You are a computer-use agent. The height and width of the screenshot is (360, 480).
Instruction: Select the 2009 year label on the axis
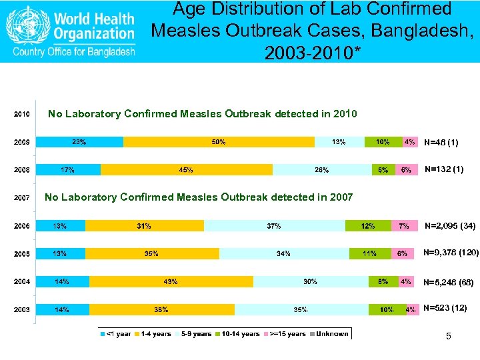point(22,142)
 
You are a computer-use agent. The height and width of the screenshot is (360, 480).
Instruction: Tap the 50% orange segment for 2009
point(219,142)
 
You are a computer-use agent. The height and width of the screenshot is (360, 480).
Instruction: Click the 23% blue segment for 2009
point(79,142)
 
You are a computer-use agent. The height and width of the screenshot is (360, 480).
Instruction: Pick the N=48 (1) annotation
point(441,143)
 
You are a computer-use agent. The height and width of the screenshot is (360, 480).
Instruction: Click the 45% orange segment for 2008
point(186,170)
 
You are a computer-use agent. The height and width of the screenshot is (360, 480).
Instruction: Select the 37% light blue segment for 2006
point(274,226)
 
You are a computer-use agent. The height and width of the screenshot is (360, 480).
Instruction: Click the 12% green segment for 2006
point(368,226)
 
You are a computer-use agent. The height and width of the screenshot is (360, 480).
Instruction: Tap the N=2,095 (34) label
point(450,227)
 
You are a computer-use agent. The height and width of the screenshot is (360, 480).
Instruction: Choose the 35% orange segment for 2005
point(151,253)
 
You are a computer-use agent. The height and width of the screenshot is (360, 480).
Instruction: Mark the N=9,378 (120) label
point(451,253)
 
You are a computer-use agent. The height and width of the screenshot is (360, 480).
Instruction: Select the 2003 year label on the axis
point(22,309)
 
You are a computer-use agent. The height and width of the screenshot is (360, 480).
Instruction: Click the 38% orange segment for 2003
point(161,309)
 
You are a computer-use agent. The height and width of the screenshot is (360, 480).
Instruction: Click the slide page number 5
point(449,337)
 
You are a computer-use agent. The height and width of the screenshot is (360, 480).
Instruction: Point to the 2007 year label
point(22,198)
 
